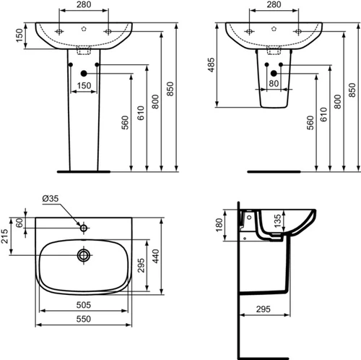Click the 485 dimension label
tap(212, 65)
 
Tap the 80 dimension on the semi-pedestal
tap(274, 83)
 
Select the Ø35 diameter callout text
tap(51, 199)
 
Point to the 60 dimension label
tap(19, 223)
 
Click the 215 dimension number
tap(4, 236)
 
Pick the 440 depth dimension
tap(156, 256)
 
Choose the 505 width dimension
tap(84, 305)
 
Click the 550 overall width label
tap(84, 319)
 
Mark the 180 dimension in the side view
tap(219, 225)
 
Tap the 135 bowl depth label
tap(277, 220)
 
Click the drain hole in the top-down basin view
tap(84, 255)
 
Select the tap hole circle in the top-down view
tap(84, 228)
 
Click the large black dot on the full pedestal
tap(84, 74)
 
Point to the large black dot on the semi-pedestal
tap(274, 73)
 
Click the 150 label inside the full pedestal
tap(84, 86)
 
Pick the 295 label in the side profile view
tap(264, 309)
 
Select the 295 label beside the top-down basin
tap(142, 265)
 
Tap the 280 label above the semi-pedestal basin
tap(274, 4)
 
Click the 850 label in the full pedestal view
tap(170, 89)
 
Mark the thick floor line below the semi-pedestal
tap(274, 171)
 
